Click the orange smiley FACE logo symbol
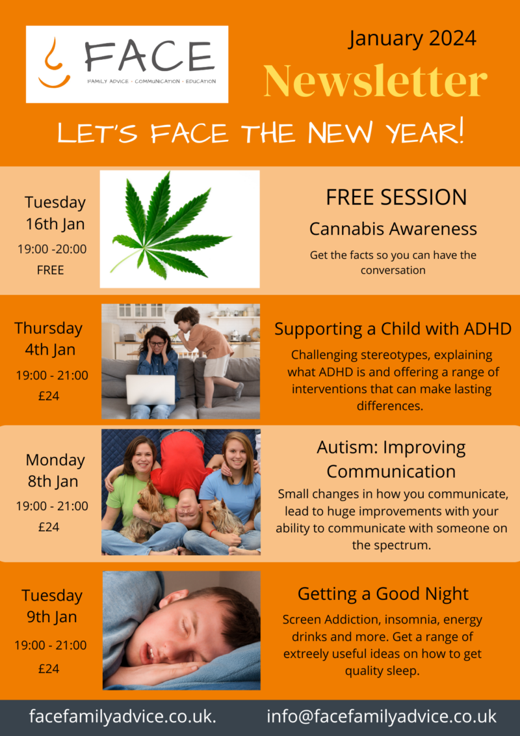54,63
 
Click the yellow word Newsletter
375,80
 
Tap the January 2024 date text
412,38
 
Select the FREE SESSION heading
396,197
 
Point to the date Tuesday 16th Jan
55,213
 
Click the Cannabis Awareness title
393,229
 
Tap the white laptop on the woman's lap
151,389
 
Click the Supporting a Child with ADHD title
393,329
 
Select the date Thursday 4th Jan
48,338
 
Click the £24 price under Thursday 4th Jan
49,396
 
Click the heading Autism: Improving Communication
391,459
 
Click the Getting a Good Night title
383,593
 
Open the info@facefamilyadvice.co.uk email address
381,716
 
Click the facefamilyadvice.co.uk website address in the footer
122,716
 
